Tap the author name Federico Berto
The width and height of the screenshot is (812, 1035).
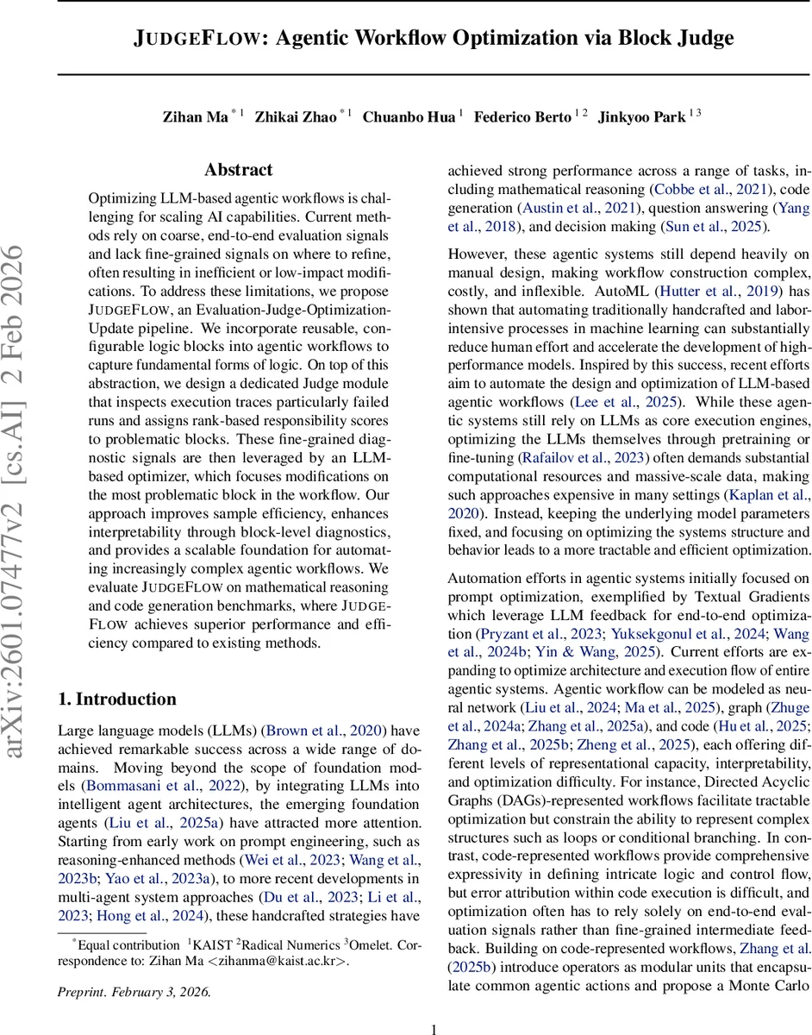tap(523, 116)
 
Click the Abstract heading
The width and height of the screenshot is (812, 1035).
tap(238, 170)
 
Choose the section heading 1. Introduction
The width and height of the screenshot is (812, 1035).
tap(117, 698)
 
